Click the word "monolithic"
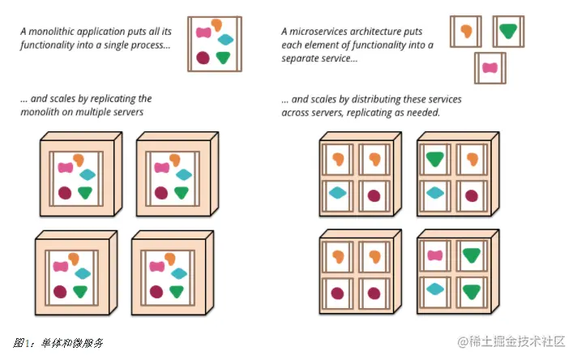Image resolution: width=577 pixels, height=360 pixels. pos(50,32)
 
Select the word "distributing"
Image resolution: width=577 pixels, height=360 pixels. pos(376,100)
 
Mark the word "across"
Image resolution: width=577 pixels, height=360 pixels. pos(293,113)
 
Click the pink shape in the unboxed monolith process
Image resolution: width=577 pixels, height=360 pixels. pos(203,32)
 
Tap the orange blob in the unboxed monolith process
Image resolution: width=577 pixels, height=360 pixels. pos(216,24)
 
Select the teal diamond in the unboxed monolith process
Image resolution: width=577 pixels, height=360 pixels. pos(225,40)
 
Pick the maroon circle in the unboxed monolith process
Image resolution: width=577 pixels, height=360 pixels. pos(203,58)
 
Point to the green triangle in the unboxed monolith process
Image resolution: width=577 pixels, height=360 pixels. pos(223,58)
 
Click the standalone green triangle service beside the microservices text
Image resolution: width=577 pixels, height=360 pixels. pos(508,31)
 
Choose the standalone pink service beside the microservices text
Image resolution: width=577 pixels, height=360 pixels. pos(489,68)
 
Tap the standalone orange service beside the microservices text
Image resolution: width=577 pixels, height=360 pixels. pos(466,31)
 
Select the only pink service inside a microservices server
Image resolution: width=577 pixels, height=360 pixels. pos(435,255)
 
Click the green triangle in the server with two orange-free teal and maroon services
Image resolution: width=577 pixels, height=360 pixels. pos(435,159)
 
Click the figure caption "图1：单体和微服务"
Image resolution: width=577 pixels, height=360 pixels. pos(58,343)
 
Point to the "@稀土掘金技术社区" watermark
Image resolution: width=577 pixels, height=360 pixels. pos(511,341)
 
